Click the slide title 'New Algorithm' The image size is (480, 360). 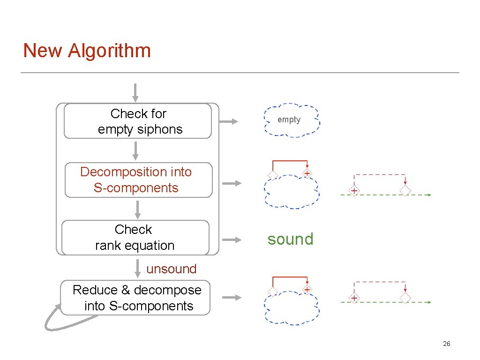tap(87, 51)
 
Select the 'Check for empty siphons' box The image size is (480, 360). tap(138, 121)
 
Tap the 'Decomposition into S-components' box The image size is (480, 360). tap(138, 180)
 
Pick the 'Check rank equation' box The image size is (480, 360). tap(135, 238)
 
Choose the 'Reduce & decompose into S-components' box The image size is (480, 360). tap(135, 298)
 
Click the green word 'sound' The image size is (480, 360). tap(290, 239)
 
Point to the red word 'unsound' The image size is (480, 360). tap(171, 269)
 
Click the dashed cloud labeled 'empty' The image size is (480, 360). tap(291, 120)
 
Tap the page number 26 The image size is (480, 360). tap(446, 344)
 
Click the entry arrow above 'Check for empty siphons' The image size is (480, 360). tap(135, 92)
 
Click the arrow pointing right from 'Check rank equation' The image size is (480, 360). tap(232, 240)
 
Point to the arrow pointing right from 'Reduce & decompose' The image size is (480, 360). tap(232, 298)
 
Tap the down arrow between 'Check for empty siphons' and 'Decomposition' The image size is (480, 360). tap(135, 150)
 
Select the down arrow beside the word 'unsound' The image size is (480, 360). tap(136, 268)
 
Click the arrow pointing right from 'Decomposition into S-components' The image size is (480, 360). tap(232, 183)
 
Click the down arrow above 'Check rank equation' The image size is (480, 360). tap(137, 209)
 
